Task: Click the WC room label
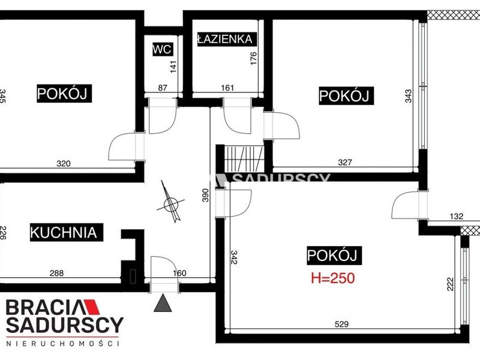click(x=163, y=49)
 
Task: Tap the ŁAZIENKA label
click(x=225, y=39)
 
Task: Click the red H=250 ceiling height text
click(x=333, y=278)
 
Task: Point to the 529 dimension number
click(x=341, y=324)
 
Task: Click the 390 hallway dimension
click(x=205, y=195)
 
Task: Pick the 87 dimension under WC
click(x=163, y=88)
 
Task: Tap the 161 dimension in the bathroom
click(x=227, y=88)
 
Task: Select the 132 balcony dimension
click(x=457, y=217)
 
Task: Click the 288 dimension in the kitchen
click(x=56, y=273)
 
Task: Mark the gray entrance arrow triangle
click(x=163, y=303)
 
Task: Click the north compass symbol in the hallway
click(x=171, y=203)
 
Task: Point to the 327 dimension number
click(x=345, y=162)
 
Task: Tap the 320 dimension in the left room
click(x=64, y=163)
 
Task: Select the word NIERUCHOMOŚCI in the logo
click(x=63, y=343)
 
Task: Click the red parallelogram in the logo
click(x=92, y=307)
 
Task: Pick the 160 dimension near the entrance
click(x=179, y=273)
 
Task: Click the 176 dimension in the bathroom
click(x=253, y=58)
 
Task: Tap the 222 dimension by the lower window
click(x=451, y=284)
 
